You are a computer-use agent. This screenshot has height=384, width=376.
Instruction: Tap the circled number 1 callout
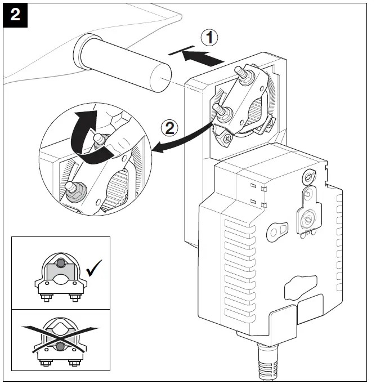pyautogui.click(x=209, y=38)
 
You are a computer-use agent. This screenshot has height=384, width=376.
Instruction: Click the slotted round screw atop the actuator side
pyautogui.click(x=307, y=176)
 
